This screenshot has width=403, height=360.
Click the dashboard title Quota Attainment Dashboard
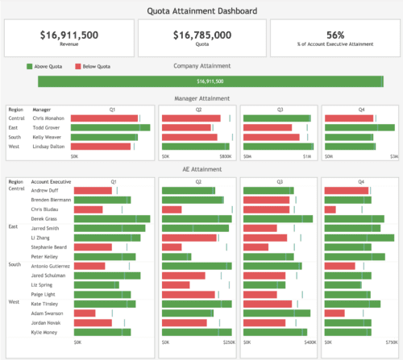click(x=202, y=10)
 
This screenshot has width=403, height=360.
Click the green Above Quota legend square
click(x=29, y=66)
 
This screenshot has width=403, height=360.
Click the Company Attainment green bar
click(x=210, y=81)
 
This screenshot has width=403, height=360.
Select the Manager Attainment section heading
click(x=202, y=98)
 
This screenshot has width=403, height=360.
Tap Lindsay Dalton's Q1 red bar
click(x=101, y=147)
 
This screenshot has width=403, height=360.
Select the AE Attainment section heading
click(x=202, y=170)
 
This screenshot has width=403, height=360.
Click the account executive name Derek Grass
click(x=44, y=218)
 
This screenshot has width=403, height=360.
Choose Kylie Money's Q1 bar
click(x=101, y=332)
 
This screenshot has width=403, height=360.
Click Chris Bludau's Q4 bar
click(x=330, y=209)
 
